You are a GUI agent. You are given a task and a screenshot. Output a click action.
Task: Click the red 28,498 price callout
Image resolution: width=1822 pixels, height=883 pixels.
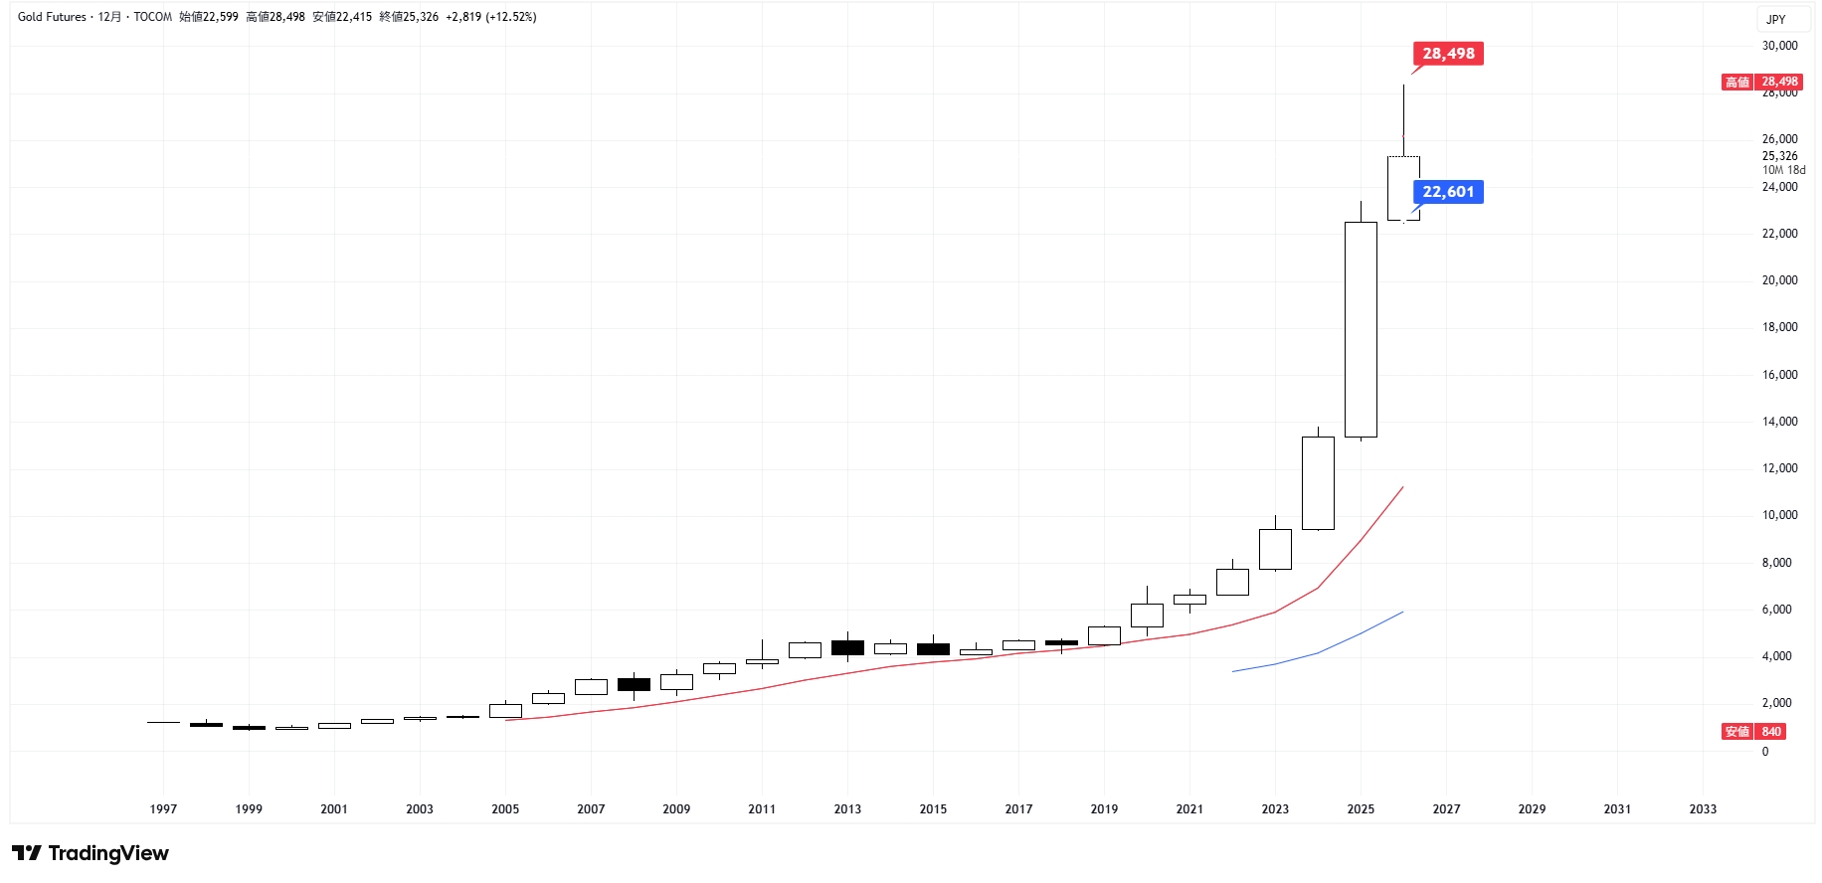click(1448, 54)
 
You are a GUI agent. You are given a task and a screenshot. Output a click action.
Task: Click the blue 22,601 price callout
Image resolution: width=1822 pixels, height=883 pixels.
click(1448, 192)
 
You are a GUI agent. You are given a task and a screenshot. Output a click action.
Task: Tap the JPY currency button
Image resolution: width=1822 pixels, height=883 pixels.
click(1776, 19)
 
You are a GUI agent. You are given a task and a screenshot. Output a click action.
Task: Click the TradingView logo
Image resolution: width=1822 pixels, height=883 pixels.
click(91, 853)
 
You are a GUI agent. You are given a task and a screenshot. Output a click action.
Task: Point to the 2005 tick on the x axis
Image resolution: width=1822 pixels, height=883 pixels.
click(505, 808)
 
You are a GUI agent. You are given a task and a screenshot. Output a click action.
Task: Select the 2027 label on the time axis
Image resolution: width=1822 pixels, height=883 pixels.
click(1446, 808)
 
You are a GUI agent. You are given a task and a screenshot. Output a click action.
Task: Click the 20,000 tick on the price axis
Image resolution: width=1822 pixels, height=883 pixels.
click(1779, 280)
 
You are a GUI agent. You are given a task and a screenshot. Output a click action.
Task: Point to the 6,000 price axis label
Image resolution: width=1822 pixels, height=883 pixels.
click(1776, 610)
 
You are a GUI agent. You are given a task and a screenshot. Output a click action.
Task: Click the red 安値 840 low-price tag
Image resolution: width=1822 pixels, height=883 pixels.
click(1754, 732)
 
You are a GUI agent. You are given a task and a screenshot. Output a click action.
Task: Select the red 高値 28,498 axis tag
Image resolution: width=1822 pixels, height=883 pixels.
click(1761, 82)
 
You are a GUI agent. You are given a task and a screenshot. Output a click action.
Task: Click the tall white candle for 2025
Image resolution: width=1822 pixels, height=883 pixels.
click(1361, 328)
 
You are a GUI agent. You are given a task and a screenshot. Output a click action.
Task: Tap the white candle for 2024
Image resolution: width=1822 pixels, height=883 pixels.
click(1318, 483)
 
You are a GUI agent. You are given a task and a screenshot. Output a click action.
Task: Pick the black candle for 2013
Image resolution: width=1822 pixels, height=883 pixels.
click(847, 647)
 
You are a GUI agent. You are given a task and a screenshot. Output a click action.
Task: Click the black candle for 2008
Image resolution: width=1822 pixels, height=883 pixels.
click(634, 684)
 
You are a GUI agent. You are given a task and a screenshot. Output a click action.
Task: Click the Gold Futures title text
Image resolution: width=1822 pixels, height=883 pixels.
click(52, 17)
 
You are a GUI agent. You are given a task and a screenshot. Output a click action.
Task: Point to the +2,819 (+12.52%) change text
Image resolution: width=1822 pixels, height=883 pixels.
click(491, 17)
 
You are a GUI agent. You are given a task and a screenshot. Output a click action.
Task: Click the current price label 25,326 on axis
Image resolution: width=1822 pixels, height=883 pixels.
click(1779, 156)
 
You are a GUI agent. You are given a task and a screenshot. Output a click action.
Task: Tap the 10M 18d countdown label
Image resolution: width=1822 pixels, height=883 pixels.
click(1783, 170)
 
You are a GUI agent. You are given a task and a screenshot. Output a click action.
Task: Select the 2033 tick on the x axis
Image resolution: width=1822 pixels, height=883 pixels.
click(1703, 808)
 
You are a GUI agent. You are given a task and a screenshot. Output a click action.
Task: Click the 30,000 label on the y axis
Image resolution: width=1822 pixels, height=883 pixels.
click(1779, 46)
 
